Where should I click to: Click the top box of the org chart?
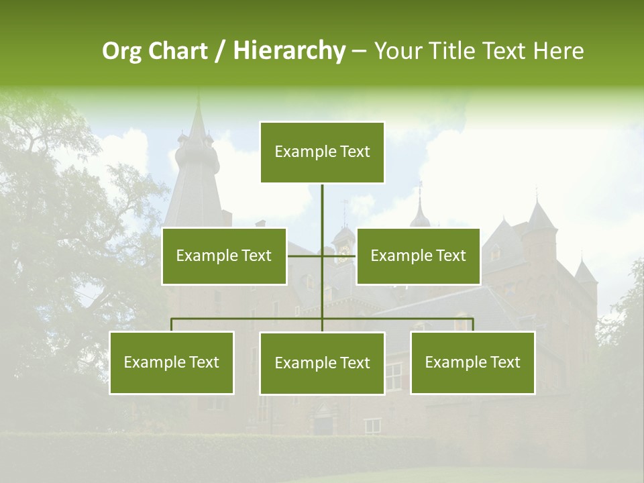322,152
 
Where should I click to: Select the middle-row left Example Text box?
224,256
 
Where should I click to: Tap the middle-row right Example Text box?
418,256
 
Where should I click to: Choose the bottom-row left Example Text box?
172,362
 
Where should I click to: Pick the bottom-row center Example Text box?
322,363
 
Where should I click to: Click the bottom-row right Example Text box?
473,362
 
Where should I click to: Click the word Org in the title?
121,52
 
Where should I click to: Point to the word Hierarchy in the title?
289,52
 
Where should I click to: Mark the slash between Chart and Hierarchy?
220,52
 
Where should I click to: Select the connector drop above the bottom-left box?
172,325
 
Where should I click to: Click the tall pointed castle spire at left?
197,127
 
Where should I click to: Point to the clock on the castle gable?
343,250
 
